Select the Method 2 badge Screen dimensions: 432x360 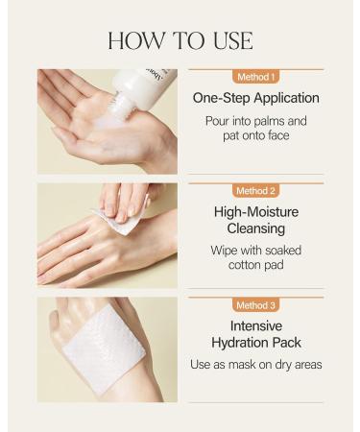click(255, 190)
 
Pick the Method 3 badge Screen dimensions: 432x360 click(255, 305)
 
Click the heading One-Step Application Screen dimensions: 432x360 click(255, 98)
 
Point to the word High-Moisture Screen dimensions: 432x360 click(255, 211)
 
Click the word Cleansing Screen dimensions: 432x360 click(255, 228)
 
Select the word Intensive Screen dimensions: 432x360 click(255, 325)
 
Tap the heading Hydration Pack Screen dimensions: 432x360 click(255, 343)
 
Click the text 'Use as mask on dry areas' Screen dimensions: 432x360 click(255, 366)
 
